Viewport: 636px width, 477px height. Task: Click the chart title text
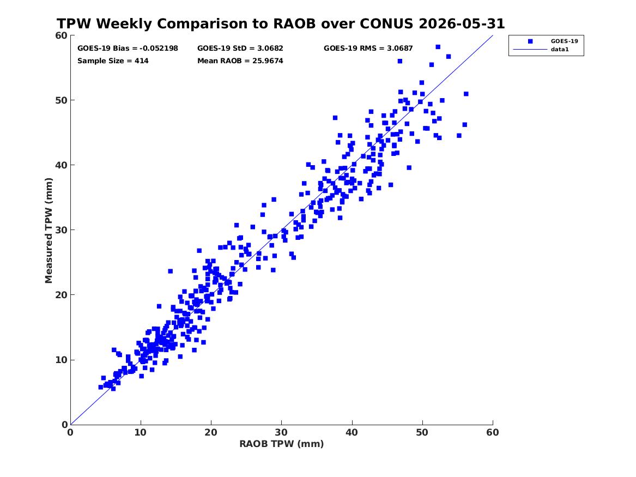pos(281,23)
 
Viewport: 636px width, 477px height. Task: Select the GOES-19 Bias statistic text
pos(128,49)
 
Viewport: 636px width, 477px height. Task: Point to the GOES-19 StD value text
pos(240,49)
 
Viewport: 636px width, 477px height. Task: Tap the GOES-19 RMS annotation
pos(368,49)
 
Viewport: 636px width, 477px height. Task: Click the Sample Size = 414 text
pos(113,61)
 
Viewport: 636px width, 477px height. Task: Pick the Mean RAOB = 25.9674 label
pos(240,61)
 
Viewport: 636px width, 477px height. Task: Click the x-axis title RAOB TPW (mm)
pos(282,444)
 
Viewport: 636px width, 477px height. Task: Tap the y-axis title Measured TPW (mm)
pos(49,231)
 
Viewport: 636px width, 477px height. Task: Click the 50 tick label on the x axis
pos(422,432)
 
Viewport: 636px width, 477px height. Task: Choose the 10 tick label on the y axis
pos(62,360)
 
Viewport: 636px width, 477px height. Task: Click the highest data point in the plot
pos(438,47)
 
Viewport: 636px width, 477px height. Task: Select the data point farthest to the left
pos(101,388)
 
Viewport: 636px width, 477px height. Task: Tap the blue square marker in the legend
pos(530,41)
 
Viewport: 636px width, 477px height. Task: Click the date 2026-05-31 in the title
pos(462,23)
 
